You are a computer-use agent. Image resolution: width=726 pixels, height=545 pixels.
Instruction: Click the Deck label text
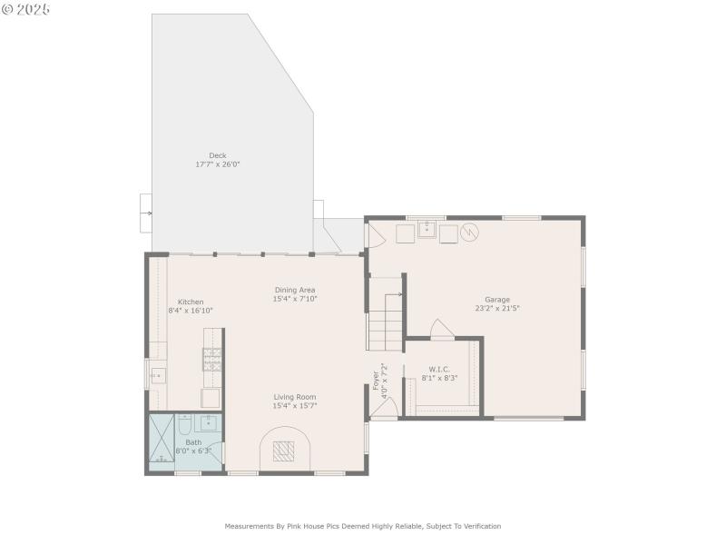tap(218, 155)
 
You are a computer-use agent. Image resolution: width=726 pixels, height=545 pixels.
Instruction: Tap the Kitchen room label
tap(191, 302)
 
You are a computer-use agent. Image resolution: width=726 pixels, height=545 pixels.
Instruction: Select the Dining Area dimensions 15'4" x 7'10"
tap(296, 299)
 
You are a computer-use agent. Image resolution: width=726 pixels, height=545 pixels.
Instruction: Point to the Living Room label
tap(295, 396)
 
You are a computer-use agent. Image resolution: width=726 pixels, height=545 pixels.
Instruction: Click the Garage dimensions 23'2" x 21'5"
tap(497, 308)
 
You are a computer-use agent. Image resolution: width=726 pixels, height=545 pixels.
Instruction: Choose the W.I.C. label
tap(439, 369)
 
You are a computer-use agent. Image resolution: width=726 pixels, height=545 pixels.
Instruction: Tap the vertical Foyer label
tap(376, 381)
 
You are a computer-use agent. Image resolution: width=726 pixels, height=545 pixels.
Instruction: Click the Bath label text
tap(194, 442)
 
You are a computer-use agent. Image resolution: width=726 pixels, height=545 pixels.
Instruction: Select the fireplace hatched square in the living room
tap(284, 451)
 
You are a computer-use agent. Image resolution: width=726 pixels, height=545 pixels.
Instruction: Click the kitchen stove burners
tap(211, 361)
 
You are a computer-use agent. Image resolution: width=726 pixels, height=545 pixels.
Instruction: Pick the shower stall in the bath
tap(161, 441)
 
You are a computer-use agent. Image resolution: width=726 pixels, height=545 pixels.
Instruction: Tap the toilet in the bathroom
tap(184, 425)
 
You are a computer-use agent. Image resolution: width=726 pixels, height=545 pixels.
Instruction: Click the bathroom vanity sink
tap(209, 422)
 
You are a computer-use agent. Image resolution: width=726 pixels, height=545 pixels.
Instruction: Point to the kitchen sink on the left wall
tap(157, 374)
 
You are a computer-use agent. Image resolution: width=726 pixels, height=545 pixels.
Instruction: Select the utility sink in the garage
tap(427, 232)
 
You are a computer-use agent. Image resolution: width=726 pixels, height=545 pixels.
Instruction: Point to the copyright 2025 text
tap(26, 8)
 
